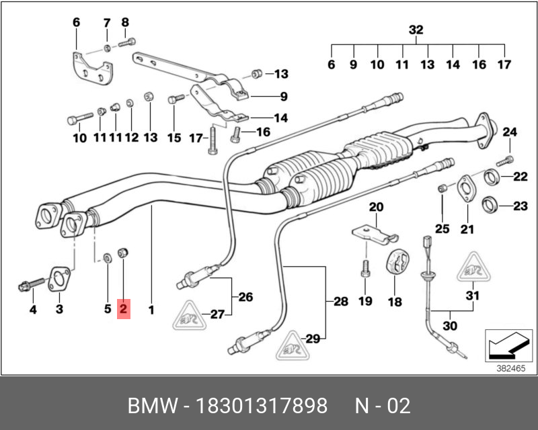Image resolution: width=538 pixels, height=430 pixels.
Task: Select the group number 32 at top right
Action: tap(416, 30)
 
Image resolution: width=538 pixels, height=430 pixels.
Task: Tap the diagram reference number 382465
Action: tap(511, 368)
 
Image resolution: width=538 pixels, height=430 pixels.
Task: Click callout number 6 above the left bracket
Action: tap(76, 23)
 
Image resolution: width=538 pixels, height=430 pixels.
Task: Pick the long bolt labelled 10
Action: tap(79, 120)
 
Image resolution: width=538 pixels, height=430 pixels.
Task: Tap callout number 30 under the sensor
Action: tap(450, 326)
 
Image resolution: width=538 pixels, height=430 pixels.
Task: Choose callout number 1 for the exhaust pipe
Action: tap(151, 310)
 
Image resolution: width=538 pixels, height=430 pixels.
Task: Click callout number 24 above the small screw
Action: tap(509, 132)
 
